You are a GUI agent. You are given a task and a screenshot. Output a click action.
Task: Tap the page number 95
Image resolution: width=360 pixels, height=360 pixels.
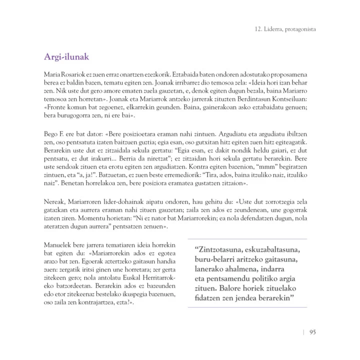(312, 331)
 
